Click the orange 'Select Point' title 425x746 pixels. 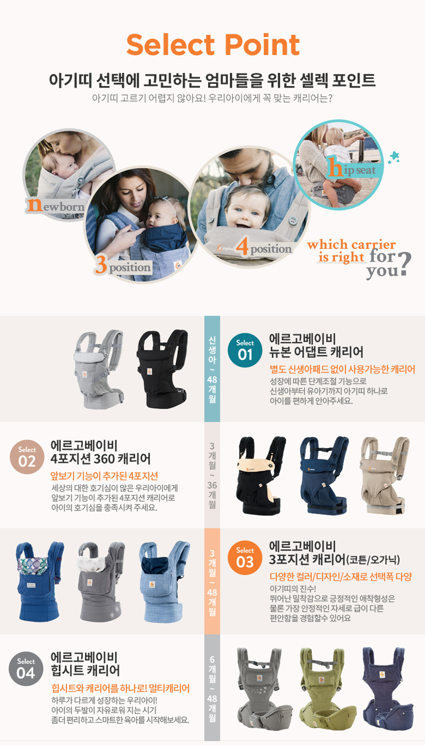(213, 45)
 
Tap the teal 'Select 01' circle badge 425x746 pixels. (245, 350)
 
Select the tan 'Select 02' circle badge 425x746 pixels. (27, 457)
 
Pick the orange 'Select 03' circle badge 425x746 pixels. (245, 557)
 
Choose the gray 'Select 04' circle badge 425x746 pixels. (26, 669)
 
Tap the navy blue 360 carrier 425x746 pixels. (324, 475)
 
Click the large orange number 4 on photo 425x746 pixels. (242, 246)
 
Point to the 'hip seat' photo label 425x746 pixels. (352, 168)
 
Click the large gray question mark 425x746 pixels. (405, 263)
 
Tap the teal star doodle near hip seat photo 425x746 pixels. (394, 157)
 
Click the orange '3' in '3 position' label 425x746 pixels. (100, 265)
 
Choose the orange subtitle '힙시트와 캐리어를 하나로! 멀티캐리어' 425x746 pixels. (120, 689)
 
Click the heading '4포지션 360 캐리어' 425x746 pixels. (100, 459)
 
